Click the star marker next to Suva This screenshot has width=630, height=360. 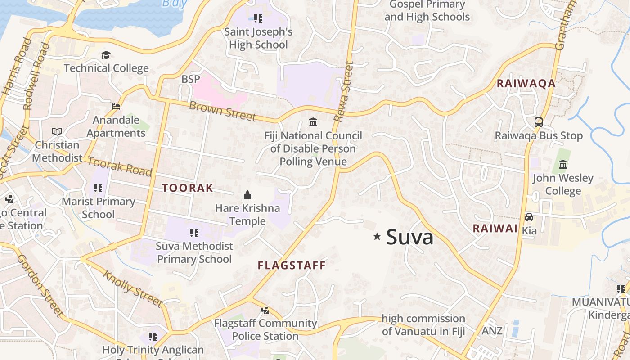coord(377,236)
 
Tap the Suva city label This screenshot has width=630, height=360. coord(409,237)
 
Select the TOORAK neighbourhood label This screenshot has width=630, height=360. coord(187,188)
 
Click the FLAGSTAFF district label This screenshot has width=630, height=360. coord(292,265)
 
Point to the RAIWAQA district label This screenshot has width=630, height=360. coord(526,84)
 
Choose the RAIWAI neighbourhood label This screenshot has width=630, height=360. coord(495,229)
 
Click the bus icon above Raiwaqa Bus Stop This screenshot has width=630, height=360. coord(538,122)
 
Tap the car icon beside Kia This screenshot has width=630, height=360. coord(529,217)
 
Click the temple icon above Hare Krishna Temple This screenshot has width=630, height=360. coord(247,195)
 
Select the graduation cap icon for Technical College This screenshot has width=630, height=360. coord(106,55)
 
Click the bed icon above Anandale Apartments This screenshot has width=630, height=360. coord(116,107)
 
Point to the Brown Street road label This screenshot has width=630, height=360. coord(222,111)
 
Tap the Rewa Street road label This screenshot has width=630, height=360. coord(345,91)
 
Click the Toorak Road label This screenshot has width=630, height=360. coord(119,166)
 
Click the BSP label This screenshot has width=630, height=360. coord(190,79)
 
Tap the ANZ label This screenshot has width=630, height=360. coord(492,331)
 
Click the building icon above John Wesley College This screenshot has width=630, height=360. coord(562,164)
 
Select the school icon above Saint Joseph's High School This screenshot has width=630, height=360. coord(258,18)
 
